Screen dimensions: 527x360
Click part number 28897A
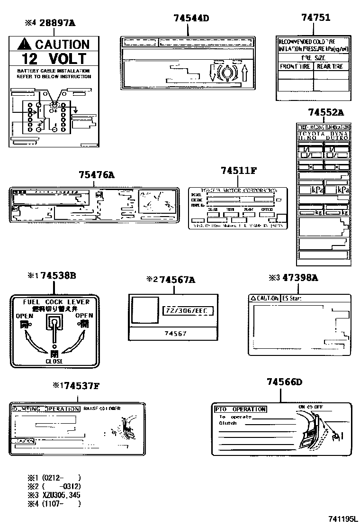(57, 23)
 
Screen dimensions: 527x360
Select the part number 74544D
(191, 18)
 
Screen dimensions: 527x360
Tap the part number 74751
(316, 18)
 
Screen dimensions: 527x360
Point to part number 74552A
(325, 112)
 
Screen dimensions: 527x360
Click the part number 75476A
(97, 175)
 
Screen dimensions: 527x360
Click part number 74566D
(284, 382)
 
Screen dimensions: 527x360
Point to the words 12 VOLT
(55, 59)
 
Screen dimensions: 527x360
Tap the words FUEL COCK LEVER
(54, 301)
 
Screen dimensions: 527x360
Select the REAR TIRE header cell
(330, 67)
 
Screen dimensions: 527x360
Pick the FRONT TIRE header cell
(295, 67)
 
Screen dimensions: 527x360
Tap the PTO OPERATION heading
(240, 409)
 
